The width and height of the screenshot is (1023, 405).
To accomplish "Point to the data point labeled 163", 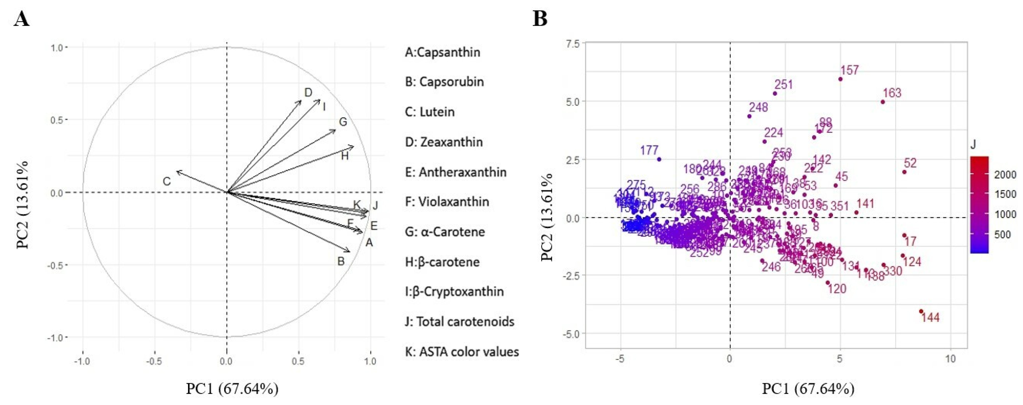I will [882, 102].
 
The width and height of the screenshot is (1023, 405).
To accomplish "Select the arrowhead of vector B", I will [350, 251].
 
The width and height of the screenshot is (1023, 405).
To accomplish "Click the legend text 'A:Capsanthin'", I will [442, 52].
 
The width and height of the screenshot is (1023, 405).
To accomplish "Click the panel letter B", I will [540, 19].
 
